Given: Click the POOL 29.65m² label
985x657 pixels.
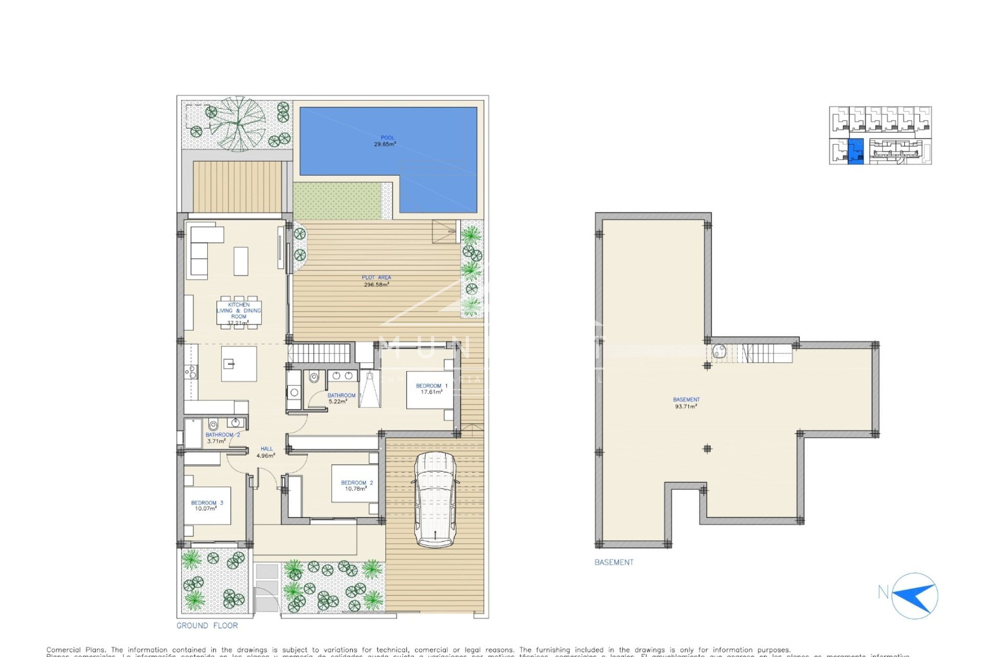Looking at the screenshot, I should pyautogui.click(x=387, y=141).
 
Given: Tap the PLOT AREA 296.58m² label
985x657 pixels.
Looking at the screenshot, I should pyautogui.click(x=376, y=281).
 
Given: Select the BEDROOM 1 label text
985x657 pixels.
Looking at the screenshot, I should pyautogui.click(x=431, y=389).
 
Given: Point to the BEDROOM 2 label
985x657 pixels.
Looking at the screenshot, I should pyautogui.click(x=357, y=486).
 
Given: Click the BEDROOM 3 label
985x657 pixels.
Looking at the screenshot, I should pyautogui.click(x=206, y=506).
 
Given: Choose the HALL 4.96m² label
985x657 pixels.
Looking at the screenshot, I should pyautogui.click(x=266, y=452).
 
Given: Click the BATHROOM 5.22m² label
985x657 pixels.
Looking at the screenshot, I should pyautogui.click(x=341, y=398).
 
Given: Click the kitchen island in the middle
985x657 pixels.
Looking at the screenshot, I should pyautogui.click(x=239, y=364).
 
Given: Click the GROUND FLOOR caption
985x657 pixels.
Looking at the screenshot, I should pyautogui.click(x=207, y=626).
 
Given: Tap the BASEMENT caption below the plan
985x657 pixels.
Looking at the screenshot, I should pyautogui.click(x=614, y=563).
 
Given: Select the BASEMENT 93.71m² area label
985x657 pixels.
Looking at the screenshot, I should pyautogui.click(x=686, y=403).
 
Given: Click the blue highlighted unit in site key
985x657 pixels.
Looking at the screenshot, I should pyautogui.click(x=855, y=151).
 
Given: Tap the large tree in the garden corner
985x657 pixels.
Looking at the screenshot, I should pyautogui.click(x=237, y=123).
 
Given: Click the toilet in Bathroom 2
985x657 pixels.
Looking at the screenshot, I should pyautogui.click(x=213, y=425).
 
